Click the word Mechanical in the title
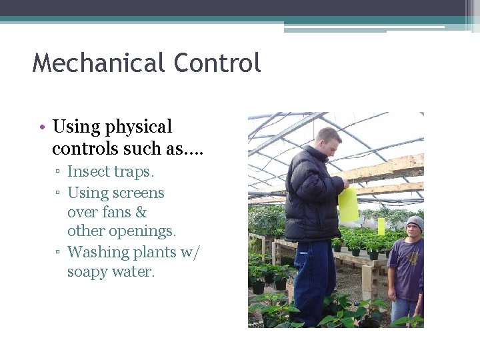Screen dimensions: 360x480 pos(99,63)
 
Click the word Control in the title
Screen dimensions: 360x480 pos(217,63)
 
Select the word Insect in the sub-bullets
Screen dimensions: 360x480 pos(89,172)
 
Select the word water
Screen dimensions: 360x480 pos(134,272)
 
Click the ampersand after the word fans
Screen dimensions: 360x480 pos(141,213)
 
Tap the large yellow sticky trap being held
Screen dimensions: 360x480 pos(348,204)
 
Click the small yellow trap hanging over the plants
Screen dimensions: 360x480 pos(381,225)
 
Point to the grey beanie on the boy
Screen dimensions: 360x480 pos(415,222)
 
